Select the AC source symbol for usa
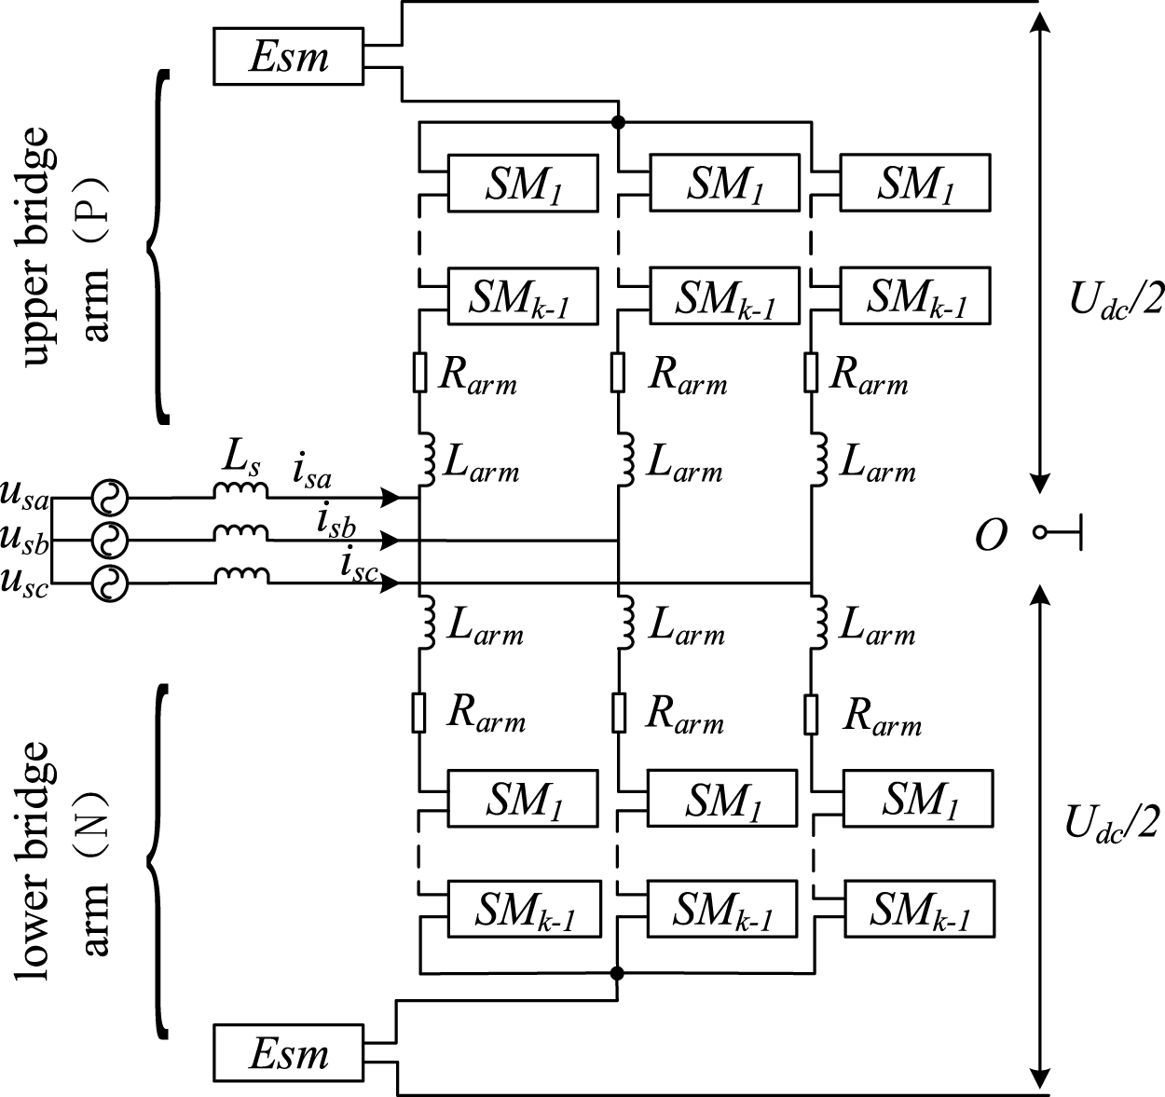[x=109, y=499]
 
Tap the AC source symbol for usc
[x=109, y=583]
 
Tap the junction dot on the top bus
[x=616, y=122]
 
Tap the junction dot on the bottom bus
[x=616, y=973]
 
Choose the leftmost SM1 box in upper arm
[x=523, y=183]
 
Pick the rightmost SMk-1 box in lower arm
[x=919, y=908]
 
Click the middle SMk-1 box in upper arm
[x=724, y=296]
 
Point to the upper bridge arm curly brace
[x=159, y=248]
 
